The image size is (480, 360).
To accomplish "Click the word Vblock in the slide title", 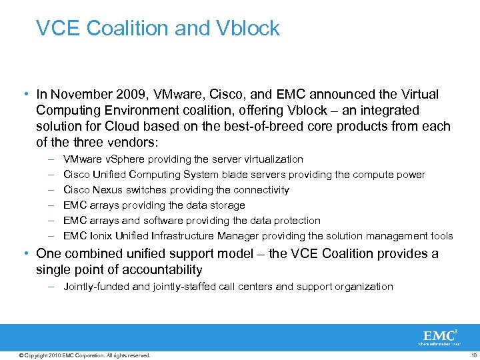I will coord(248,29).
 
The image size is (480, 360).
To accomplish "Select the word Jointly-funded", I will coord(96,287).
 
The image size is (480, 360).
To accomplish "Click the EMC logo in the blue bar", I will coord(439,336).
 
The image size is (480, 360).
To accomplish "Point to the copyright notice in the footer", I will coord(85,355).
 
